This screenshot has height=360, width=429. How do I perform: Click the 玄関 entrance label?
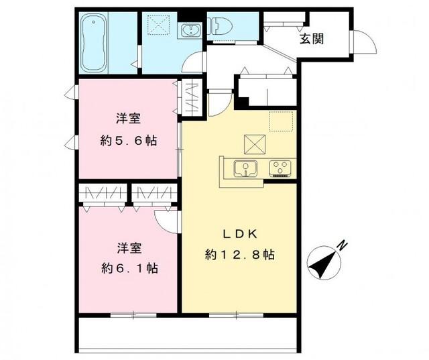[312, 38]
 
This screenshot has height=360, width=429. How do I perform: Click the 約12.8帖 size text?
[240, 255]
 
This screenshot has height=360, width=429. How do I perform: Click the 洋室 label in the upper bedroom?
[128, 119]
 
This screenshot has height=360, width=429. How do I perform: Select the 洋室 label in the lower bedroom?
[128, 247]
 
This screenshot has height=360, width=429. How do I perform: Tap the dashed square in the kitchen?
[282, 122]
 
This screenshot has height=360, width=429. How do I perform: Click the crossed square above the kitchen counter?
[254, 143]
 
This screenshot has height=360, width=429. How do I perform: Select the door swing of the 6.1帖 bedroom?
[166, 220]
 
